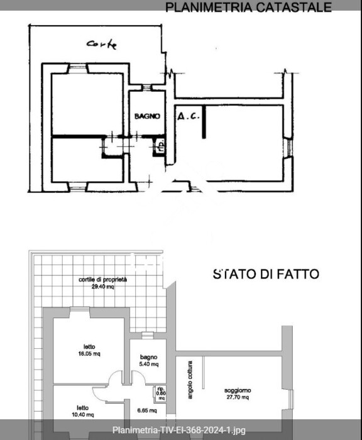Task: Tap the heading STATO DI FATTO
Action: [x=266, y=274]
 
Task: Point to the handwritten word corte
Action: [x=102, y=44]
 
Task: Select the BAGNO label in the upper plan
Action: [x=148, y=116]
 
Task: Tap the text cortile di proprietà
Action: [x=103, y=279]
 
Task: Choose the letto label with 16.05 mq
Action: [x=89, y=346]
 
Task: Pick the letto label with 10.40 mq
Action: [x=82, y=407]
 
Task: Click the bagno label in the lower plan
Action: [x=149, y=356]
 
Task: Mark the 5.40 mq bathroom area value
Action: [x=149, y=364]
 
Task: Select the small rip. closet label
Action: [x=161, y=388]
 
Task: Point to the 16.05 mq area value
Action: [x=89, y=353]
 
